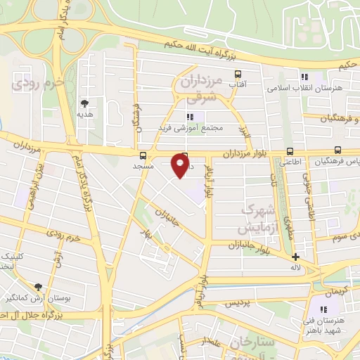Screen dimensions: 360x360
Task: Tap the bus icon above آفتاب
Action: (x=238, y=74)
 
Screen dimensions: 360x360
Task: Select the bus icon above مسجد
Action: (x=143, y=155)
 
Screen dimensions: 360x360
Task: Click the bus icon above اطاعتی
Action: (x=290, y=151)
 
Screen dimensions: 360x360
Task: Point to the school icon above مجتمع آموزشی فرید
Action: (x=189, y=117)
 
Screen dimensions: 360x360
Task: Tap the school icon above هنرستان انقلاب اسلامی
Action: (x=304, y=77)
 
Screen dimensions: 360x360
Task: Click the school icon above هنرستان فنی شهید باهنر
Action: (x=324, y=310)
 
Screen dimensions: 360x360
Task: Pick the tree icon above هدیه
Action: (x=84, y=103)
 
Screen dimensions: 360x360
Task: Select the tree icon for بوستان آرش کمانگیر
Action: (x=37, y=288)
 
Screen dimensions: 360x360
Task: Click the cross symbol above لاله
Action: (x=295, y=257)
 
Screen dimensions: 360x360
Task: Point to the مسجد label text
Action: (x=143, y=167)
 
